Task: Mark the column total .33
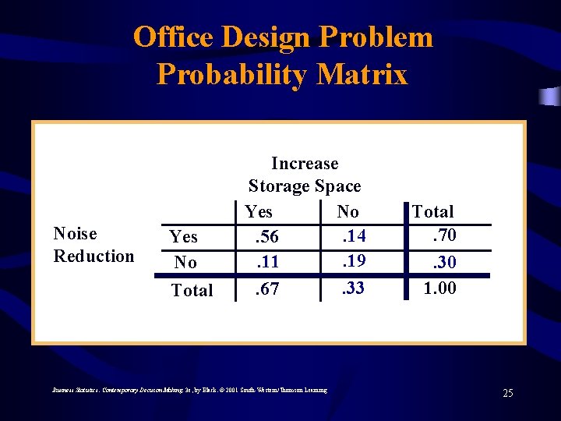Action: click(x=353, y=288)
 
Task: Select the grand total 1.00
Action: click(x=439, y=288)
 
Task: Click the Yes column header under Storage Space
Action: click(x=259, y=211)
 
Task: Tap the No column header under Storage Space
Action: click(x=348, y=211)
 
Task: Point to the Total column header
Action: click(x=432, y=211)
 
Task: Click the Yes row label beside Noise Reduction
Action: click(x=183, y=237)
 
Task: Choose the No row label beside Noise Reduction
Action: click(x=185, y=263)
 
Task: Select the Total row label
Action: click(x=192, y=290)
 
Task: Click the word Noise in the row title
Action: click(x=75, y=234)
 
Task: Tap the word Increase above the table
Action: click(x=305, y=164)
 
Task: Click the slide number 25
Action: click(x=507, y=393)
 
